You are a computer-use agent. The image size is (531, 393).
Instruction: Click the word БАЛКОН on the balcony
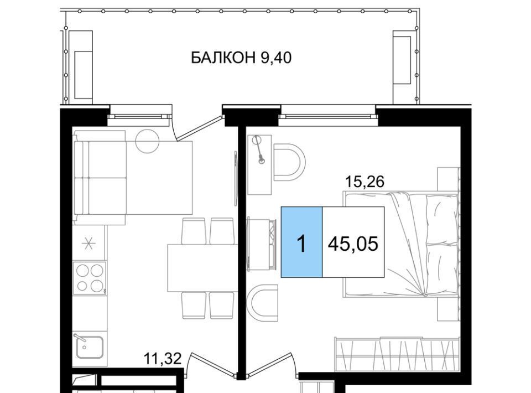coord(223,58)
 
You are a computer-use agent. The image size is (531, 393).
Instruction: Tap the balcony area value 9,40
coord(276,58)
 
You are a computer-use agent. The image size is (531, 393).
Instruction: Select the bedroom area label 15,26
coord(365,182)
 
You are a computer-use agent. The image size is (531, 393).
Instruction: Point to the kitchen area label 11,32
coord(163,359)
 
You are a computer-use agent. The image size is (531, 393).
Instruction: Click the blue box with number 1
coord(301,242)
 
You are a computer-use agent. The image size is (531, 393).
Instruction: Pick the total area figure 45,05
coord(353,244)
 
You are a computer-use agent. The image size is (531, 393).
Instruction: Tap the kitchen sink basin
coord(90,347)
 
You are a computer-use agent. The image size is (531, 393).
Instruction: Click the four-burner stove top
coord(90,278)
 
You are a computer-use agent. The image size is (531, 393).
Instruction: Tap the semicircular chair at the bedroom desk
coord(289,162)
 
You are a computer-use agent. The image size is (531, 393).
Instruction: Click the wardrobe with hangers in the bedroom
coord(397,355)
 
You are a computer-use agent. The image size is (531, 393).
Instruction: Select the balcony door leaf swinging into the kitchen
coord(200,127)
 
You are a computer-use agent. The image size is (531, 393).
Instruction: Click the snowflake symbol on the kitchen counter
coord(89,243)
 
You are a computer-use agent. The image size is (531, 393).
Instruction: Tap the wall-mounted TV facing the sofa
coord(235,178)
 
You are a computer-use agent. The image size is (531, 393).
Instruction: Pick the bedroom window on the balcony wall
coord(328,116)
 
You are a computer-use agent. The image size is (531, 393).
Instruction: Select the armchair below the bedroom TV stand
coord(263,303)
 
